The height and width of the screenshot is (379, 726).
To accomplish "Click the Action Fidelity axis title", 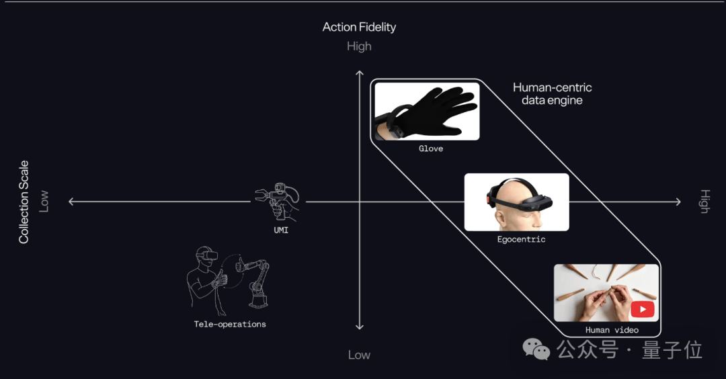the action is pyautogui.click(x=359, y=28).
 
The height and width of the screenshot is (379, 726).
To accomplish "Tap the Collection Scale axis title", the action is pyautogui.click(x=24, y=202).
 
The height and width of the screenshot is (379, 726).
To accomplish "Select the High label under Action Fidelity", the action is pyautogui.click(x=359, y=46).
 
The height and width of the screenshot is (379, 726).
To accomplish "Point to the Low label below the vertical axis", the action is pyautogui.click(x=359, y=355).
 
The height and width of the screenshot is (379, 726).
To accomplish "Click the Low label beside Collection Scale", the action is pyautogui.click(x=44, y=202).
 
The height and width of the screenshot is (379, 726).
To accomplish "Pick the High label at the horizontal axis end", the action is pyautogui.click(x=704, y=202).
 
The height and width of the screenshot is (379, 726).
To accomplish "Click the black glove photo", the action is pyautogui.click(x=427, y=111).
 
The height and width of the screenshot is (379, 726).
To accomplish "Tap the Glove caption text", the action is pyautogui.click(x=431, y=149).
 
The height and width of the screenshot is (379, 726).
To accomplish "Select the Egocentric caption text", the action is pyautogui.click(x=522, y=239).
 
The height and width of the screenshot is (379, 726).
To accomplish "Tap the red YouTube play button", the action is pyautogui.click(x=642, y=309).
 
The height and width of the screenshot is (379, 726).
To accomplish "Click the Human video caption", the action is pyautogui.click(x=612, y=330).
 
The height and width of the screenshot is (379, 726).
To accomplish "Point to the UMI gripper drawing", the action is pyautogui.click(x=278, y=202).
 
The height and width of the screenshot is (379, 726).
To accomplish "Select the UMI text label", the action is pyautogui.click(x=281, y=230).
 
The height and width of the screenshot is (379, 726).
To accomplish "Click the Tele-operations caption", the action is pyautogui.click(x=230, y=325).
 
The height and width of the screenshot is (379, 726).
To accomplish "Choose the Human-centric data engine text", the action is pyautogui.click(x=552, y=94).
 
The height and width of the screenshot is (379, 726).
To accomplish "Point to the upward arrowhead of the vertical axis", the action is pyautogui.click(x=359, y=73).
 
